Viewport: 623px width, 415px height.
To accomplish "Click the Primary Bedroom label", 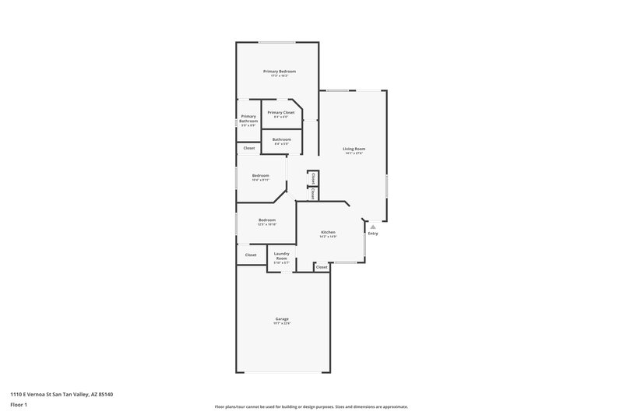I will pyautogui.click(x=279, y=71).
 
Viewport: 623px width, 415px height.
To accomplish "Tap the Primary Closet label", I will pyautogui.click(x=280, y=112).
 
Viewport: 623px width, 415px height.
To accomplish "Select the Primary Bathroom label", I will pyautogui.click(x=248, y=118).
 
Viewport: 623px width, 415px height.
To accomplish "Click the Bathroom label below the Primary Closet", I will pyautogui.click(x=281, y=139).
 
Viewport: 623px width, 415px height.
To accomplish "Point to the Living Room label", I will pyautogui.click(x=354, y=148).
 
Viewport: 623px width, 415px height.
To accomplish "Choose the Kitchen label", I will pyautogui.click(x=328, y=232).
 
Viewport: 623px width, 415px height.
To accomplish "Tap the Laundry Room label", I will pyautogui.click(x=281, y=255).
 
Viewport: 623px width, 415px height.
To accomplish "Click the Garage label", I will pyautogui.click(x=282, y=318).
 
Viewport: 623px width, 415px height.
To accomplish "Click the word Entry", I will pyautogui.click(x=373, y=234).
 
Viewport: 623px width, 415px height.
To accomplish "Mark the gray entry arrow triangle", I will pyautogui.click(x=373, y=227).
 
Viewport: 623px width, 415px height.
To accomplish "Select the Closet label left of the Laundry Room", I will pyautogui.click(x=251, y=255).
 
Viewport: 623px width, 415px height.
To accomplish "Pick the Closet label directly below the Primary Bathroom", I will pyautogui.click(x=249, y=148).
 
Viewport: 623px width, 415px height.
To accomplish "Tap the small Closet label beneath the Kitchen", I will pyautogui.click(x=322, y=267).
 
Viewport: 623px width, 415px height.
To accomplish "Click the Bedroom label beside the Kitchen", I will pyautogui.click(x=267, y=220).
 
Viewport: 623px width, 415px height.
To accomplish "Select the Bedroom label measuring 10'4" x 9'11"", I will pyautogui.click(x=260, y=175).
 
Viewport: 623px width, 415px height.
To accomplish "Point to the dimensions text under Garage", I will pyautogui.click(x=282, y=324).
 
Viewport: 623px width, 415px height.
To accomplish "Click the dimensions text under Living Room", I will pyautogui.click(x=354, y=153).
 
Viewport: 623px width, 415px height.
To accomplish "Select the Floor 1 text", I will pyautogui.click(x=19, y=405).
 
